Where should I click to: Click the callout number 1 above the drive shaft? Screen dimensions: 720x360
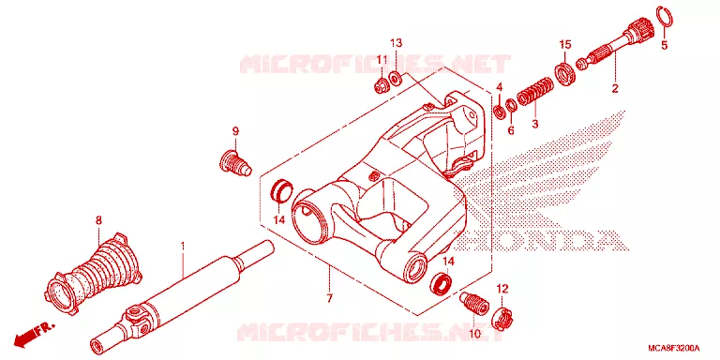(182, 247)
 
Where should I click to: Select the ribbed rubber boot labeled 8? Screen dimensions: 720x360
(95, 276)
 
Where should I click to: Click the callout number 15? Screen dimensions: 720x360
(564, 45)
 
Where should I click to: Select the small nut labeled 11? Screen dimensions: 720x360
(381, 86)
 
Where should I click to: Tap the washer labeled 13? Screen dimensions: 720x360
(395, 79)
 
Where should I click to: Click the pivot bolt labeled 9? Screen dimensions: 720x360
(234, 164)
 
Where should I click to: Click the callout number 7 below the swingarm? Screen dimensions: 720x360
(329, 298)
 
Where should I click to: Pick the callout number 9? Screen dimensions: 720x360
(235, 132)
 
